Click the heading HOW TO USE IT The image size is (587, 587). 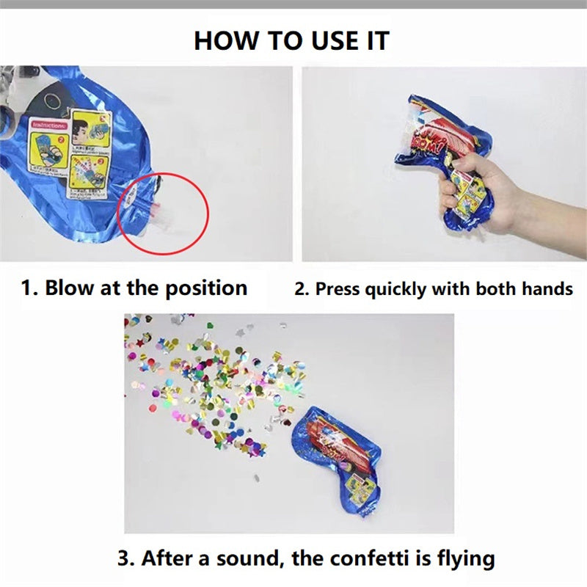coord(291,40)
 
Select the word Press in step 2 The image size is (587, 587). coord(338,288)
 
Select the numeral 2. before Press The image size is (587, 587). coord(302,288)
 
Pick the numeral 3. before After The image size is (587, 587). coord(126,558)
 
